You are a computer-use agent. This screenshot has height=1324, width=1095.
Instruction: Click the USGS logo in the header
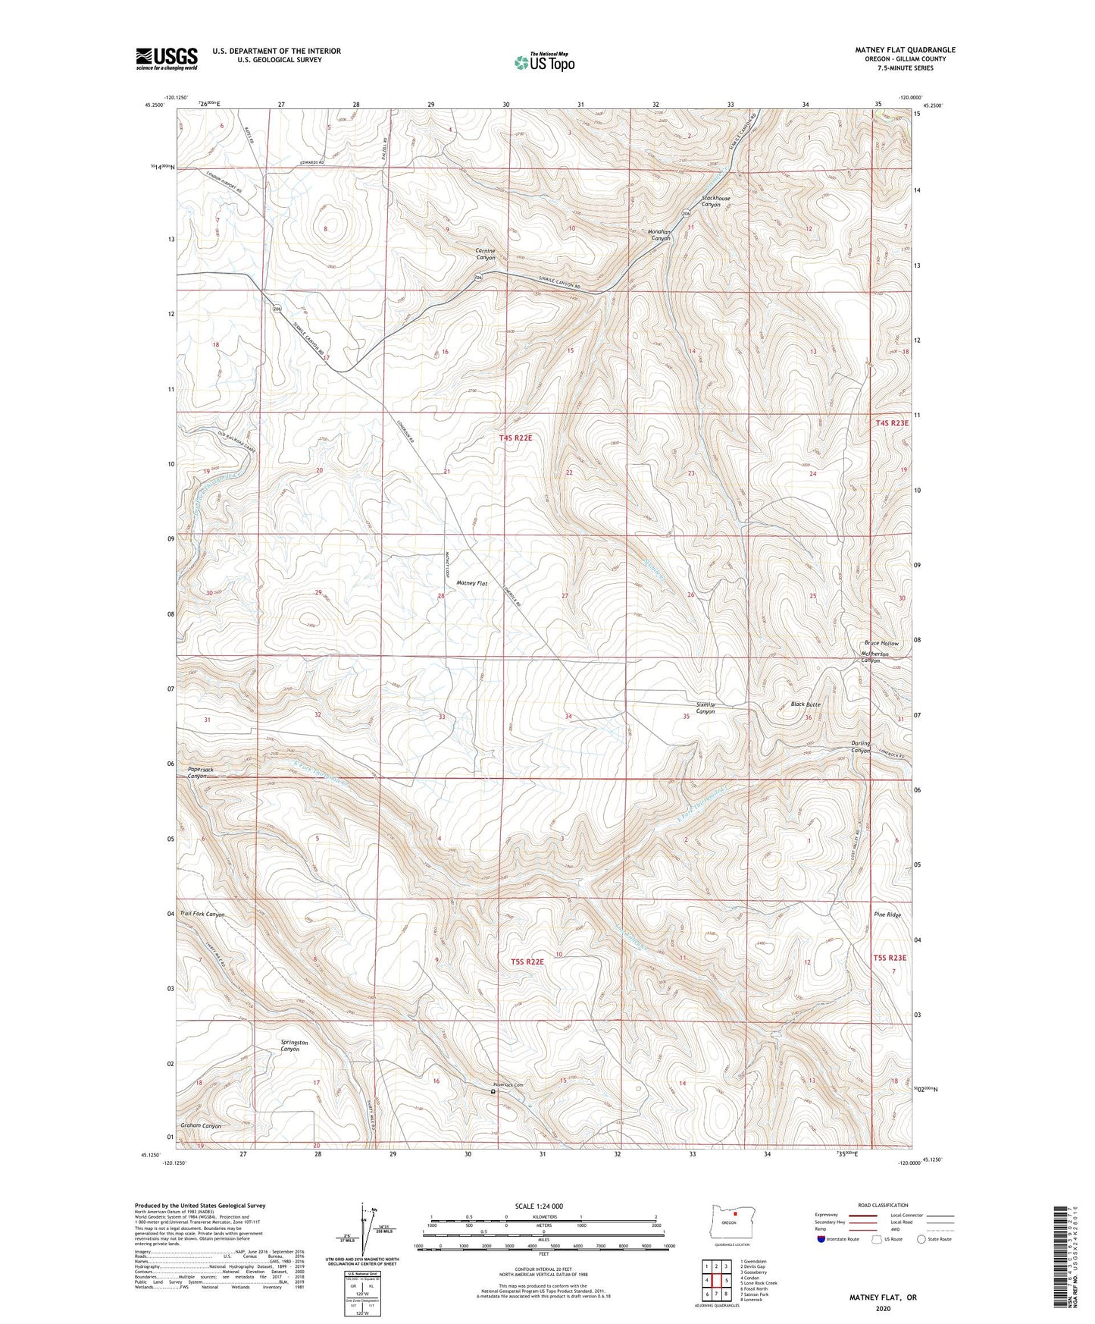tap(166, 58)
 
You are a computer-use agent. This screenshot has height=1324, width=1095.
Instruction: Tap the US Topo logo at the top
tap(543, 62)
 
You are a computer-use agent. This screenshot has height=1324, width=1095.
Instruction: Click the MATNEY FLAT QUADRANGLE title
tap(905, 50)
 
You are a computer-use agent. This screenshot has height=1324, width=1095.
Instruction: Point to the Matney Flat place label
tap(471, 583)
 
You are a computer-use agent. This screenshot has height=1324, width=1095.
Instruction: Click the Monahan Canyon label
tap(662, 234)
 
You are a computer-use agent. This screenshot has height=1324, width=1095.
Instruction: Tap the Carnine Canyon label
tap(485, 254)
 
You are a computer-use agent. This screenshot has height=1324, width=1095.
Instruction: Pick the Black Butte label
tap(806, 704)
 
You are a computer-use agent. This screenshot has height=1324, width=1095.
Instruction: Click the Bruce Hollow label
tap(881, 643)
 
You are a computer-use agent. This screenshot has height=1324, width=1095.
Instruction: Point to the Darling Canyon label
tap(860, 747)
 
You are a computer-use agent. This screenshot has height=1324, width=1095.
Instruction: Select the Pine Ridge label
tap(887, 915)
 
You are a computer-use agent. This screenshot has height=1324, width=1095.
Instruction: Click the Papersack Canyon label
tap(201, 773)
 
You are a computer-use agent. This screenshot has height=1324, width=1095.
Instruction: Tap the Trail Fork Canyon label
tap(202, 915)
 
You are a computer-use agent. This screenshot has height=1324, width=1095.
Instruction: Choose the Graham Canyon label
tap(200, 1126)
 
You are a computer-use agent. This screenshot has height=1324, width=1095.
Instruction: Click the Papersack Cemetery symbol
tap(493, 1093)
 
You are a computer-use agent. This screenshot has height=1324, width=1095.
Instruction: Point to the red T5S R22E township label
tap(527, 962)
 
